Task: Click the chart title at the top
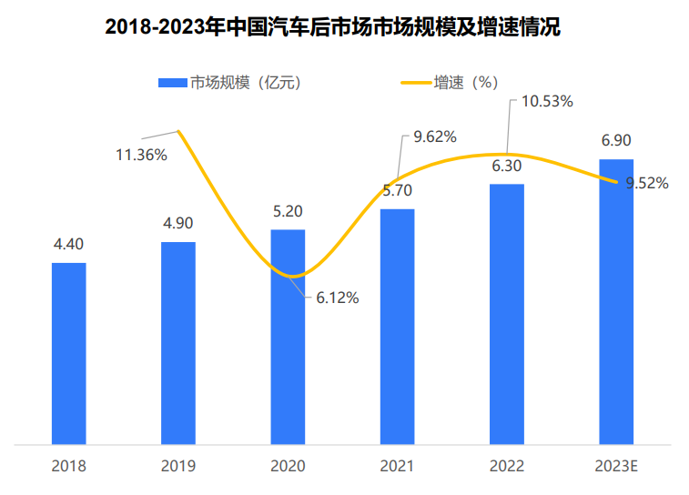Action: (333, 27)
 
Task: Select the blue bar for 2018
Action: (69, 354)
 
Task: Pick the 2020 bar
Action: (288, 337)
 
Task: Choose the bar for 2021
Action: (397, 327)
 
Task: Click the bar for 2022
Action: (507, 314)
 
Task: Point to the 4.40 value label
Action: (69, 245)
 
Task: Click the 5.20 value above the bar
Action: (288, 211)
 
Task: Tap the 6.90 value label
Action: (616, 140)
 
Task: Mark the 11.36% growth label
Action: (140, 155)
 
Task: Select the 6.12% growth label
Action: (337, 298)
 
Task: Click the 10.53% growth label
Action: (546, 102)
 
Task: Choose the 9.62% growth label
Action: (434, 137)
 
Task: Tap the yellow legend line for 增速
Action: (416, 83)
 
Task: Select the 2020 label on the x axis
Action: (288, 466)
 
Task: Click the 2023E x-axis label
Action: (616, 466)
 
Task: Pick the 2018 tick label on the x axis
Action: (69, 466)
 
